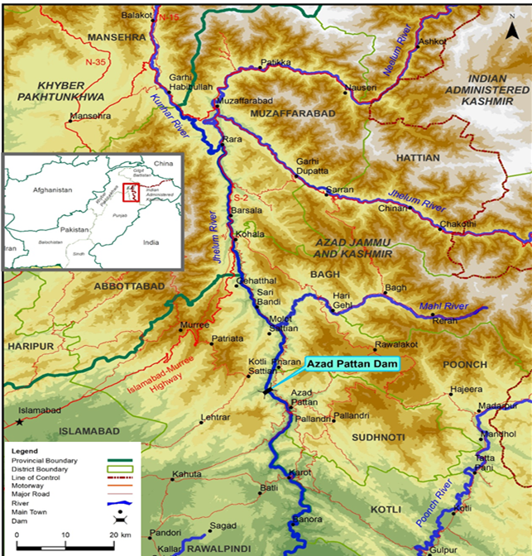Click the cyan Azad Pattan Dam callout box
352,363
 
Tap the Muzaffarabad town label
239,100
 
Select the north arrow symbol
514,31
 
